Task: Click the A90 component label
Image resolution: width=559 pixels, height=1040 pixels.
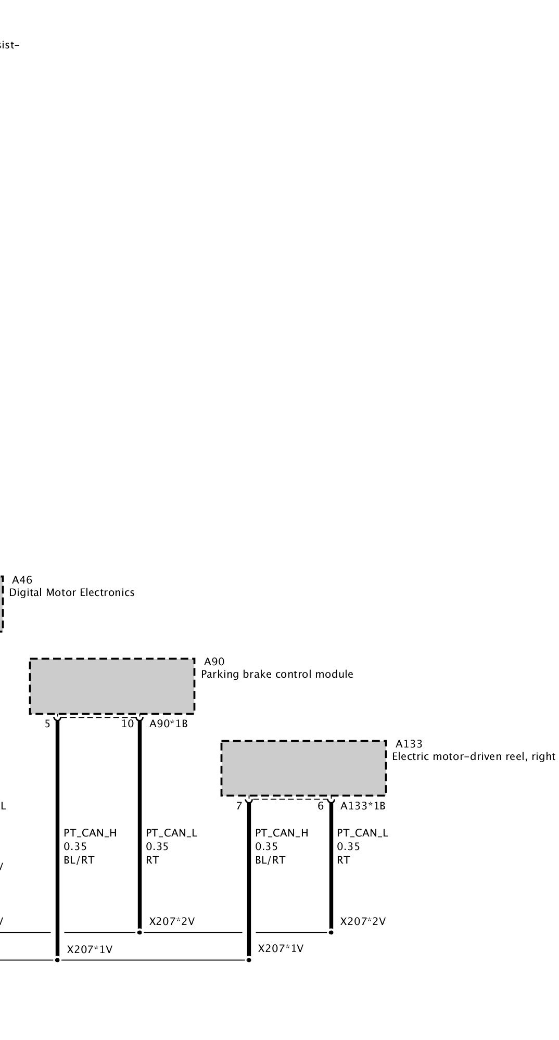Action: (x=214, y=662)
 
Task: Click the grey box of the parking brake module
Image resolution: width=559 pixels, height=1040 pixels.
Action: (x=112, y=686)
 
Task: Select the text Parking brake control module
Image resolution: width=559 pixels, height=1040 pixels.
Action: (x=277, y=674)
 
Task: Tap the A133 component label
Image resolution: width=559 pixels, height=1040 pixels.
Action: (x=409, y=744)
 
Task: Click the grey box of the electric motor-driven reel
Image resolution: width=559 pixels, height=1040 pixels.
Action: (x=303, y=768)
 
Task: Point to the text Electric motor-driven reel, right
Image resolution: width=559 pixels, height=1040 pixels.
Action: (x=474, y=756)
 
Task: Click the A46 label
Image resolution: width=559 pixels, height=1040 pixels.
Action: (x=22, y=580)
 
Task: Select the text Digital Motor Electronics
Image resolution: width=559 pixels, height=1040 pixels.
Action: (x=72, y=592)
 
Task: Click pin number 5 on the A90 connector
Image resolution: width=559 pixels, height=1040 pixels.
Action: (x=47, y=724)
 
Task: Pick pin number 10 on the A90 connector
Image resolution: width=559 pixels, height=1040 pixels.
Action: (x=128, y=724)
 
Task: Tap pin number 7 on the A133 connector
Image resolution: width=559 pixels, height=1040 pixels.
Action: (x=239, y=806)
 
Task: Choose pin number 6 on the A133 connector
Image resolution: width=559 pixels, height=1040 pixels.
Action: (x=321, y=806)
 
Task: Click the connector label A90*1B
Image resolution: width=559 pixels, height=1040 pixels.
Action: (x=168, y=724)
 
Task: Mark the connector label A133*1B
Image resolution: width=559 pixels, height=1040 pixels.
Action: (x=363, y=806)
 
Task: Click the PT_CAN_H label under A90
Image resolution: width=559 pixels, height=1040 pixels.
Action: (x=90, y=833)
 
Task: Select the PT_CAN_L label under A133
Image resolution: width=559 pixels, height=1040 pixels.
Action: (x=362, y=833)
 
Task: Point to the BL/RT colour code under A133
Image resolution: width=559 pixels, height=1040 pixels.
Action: (x=270, y=860)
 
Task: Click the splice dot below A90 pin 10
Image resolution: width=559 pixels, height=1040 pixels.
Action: (x=139, y=932)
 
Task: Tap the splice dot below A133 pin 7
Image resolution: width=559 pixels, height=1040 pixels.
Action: (x=249, y=959)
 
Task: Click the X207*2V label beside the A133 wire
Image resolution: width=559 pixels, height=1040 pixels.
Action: (x=363, y=921)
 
